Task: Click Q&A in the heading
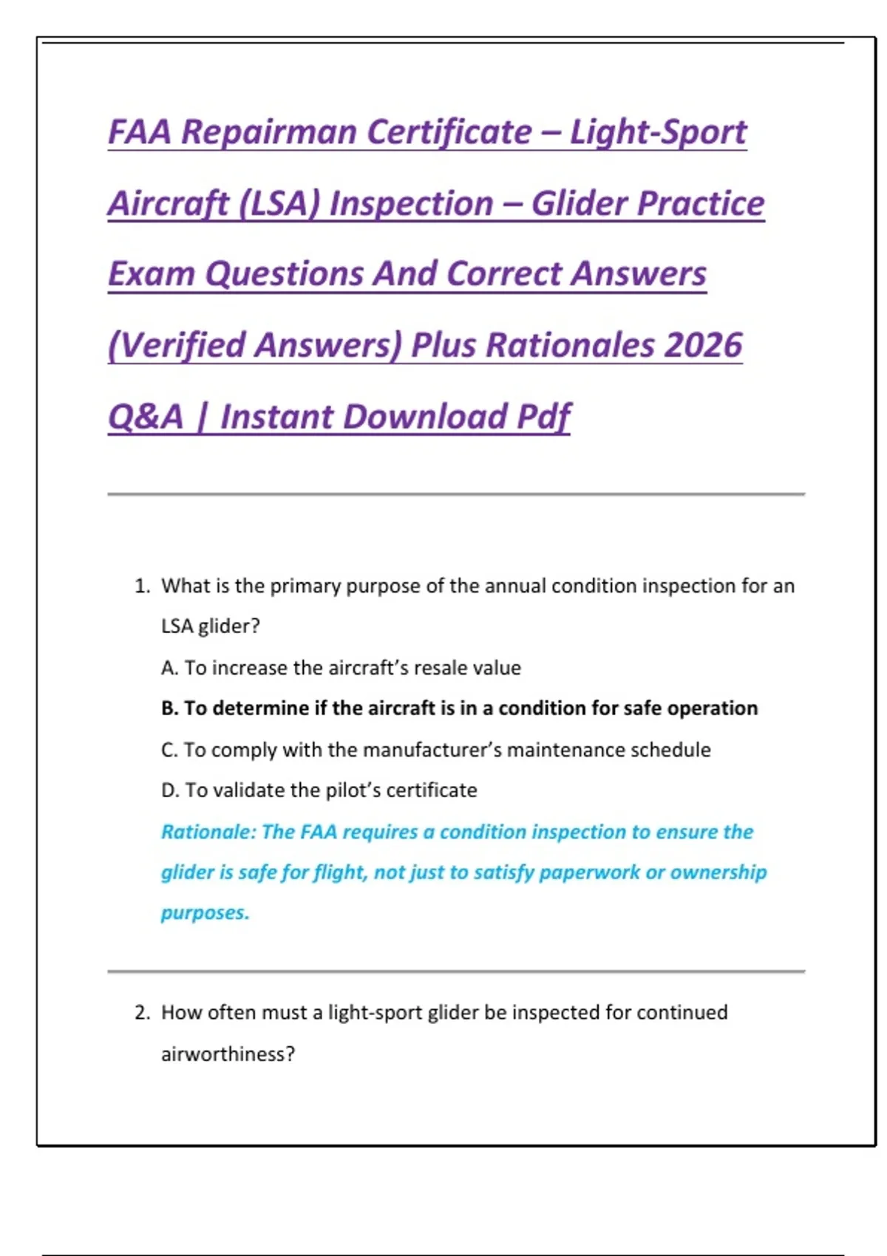pos(146,417)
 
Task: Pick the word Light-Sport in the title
pos(658,133)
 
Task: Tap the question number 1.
pos(142,587)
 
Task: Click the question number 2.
pos(142,1013)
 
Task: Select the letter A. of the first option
pos(169,669)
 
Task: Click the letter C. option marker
pos(169,750)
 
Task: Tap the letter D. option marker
pos(169,791)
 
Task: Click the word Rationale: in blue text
pos(208,832)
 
